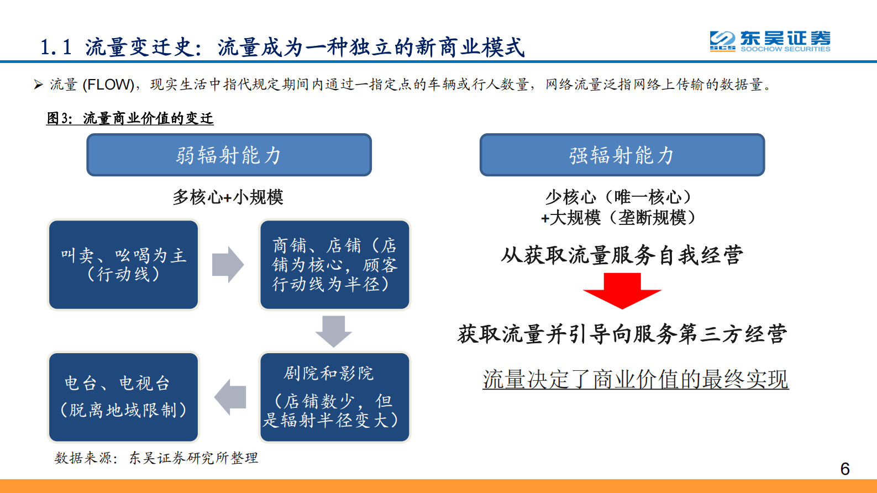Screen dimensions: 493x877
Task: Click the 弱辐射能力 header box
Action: pos(229,155)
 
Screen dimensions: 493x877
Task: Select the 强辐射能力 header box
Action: pos(622,155)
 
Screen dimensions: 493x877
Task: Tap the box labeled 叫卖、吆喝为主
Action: pos(123,265)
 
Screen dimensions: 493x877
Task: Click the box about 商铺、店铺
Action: pos(334,265)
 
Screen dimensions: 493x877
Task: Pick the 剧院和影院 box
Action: pos(334,397)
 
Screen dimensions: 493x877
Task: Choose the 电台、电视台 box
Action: pos(123,397)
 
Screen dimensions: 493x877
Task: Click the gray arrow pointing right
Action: pos(228,265)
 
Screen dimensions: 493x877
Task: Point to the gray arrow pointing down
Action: pos(333,331)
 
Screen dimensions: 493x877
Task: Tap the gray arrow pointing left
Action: pos(230,397)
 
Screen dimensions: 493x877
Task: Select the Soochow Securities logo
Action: pos(770,41)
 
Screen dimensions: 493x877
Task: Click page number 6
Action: pos(844,469)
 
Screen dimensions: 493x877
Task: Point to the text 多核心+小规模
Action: pos(228,197)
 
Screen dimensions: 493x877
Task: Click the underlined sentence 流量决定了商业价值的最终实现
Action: pos(636,379)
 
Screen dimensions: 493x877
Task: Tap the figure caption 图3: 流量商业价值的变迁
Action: pos(130,118)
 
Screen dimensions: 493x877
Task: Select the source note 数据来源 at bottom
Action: pos(156,458)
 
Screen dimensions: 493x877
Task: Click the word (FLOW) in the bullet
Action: pos(108,85)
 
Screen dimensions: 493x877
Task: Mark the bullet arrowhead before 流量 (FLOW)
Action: pos(38,85)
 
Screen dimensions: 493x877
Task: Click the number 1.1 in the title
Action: pos(56,48)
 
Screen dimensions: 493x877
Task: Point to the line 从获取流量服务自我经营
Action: pos(622,255)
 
